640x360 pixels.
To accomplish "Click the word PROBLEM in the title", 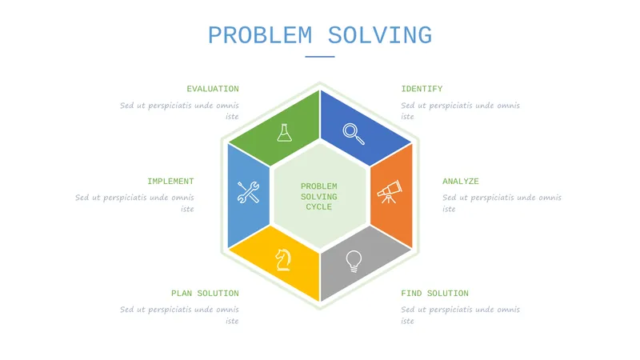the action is (x=260, y=35).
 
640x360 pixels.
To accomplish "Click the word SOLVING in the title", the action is (x=380, y=35).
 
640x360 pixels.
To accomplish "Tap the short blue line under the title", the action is (x=319, y=57).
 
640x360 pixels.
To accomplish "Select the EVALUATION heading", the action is (x=213, y=89).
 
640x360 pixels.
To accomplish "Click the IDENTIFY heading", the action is (x=422, y=89).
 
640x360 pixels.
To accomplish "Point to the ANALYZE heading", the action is (x=461, y=182).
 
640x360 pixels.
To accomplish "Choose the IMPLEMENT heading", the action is (x=170, y=182).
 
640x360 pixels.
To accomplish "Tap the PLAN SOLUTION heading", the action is (x=205, y=294).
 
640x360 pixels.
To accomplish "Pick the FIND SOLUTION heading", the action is (x=434, y=294).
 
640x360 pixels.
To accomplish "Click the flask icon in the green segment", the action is (x=284, y=133).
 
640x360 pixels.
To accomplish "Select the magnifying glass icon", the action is (x=354, y=134).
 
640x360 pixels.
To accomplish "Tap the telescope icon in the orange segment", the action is (x=390, y=191).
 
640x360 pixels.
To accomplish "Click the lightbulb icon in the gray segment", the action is (x=354, y=262).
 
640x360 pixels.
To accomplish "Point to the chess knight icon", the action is (x=283, y=260).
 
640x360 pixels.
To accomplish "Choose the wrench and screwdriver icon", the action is (x=248, y=192).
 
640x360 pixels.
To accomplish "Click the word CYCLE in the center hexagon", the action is (x=318, y=207).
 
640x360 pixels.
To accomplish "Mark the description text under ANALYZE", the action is (x=502, y=203).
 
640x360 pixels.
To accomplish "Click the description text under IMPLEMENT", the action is (x=134, y=203).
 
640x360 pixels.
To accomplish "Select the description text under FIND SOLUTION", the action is (x=461, y=314).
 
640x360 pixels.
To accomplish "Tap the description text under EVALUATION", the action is (x=179, y=110).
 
